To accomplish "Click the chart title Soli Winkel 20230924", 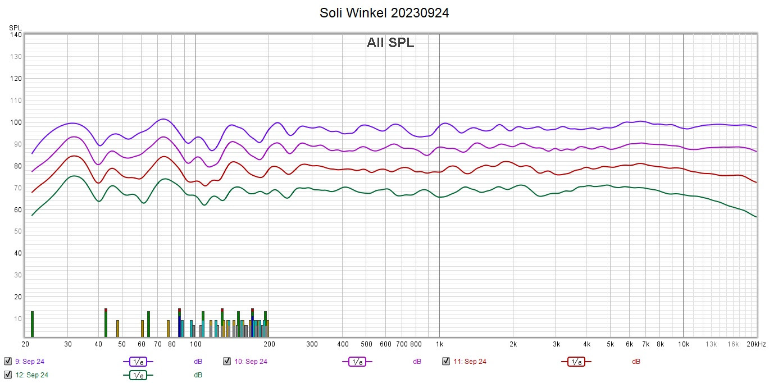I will coord(384,13).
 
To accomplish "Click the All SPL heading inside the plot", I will coord(390,43).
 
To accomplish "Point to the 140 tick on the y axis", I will coord(16,35).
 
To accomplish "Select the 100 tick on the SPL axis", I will coord(16,122).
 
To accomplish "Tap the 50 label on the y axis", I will coord(17,231).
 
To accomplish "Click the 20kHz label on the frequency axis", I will coord(756,344).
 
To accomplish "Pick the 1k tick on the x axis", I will coord(439,344).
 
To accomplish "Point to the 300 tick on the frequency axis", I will coord(312,344).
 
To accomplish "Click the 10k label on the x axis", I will coord(683,344).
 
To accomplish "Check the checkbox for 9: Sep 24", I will coord(8,361).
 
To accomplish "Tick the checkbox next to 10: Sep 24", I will coord(227,361).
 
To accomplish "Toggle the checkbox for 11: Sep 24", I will coord(446,361).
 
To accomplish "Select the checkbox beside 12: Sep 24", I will coord(8,375).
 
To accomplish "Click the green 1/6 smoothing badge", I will coord(138,375).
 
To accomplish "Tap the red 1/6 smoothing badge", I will coord(576,362).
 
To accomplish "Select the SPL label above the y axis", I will coord(15,27).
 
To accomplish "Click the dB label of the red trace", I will coord(636,362).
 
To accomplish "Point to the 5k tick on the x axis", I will coord(610,344).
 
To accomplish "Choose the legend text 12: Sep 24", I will coord(31,375).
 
